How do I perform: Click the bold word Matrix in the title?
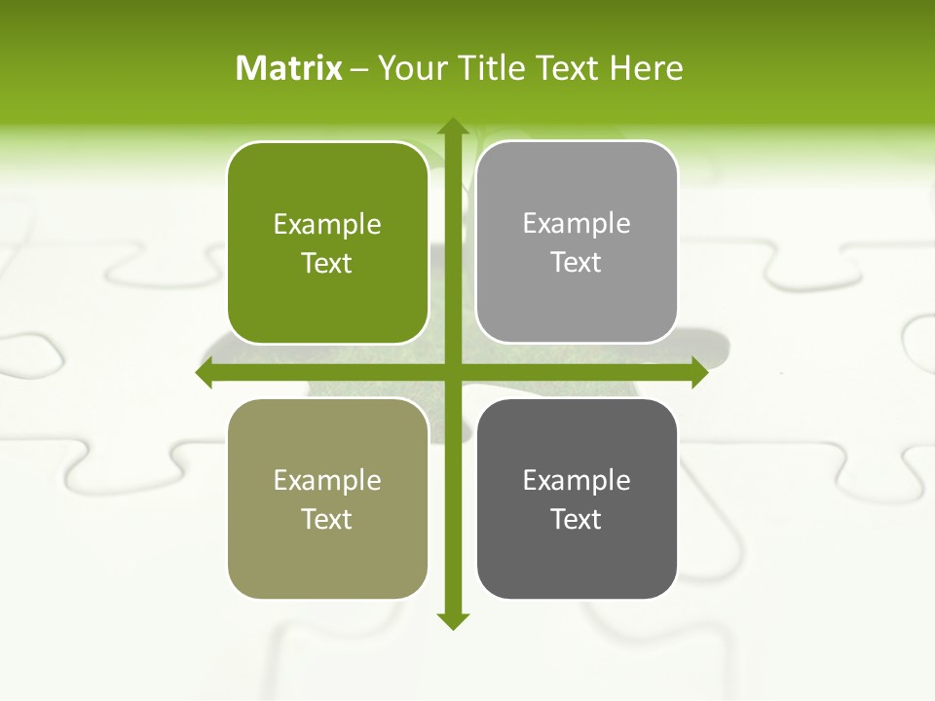(x=289, y=68)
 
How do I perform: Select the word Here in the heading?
(x=646, y=68)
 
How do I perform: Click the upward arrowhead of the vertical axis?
(x=452, y=128)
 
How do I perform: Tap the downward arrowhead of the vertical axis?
(x=452, y=620)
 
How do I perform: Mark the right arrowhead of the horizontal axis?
(x=698, y=373)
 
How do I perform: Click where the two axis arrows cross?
(x=452, y=373)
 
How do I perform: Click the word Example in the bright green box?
(x=327, y=225)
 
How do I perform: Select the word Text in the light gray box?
(x=577, y=263)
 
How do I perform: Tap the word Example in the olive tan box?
(x=327, y=480)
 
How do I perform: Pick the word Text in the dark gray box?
(x=577, y=519)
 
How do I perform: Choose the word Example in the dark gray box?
(x=577, y=480)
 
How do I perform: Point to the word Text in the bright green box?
(x=327, y=264)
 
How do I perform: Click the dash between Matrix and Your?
(x=360, y=69)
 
